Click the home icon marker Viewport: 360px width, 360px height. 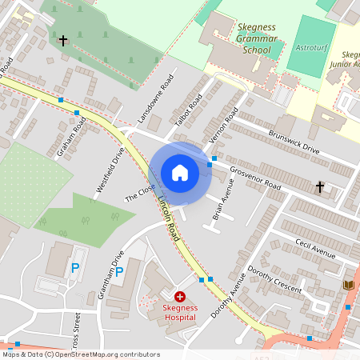click(x=180, y=173)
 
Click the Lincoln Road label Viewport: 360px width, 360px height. click(x=168, y=220)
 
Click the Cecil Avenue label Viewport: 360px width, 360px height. click(x=314, y=249)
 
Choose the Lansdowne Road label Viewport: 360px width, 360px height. click(x=155, y=98)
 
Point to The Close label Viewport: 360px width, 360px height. click(x=140, y=192)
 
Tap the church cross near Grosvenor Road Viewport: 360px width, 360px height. click(x=320, y=187)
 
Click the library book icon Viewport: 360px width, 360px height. click(x=348, y=285)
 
